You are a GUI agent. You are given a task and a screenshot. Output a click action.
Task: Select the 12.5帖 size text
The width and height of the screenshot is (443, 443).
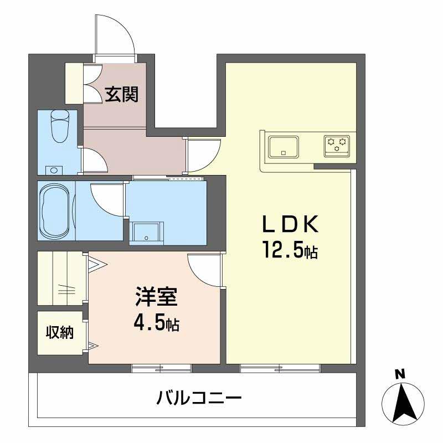click(x=290, y=251)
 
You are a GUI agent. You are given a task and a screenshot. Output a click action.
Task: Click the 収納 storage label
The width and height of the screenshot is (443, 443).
click(x=59, y=333)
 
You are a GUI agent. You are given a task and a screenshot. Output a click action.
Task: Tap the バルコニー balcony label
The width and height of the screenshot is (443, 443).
click(x=198, y=398)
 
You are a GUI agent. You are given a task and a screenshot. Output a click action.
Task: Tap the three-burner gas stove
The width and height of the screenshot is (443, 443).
click(x=337, y=145)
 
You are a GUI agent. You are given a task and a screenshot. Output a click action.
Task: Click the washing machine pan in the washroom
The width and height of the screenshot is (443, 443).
click(x=147, y=232)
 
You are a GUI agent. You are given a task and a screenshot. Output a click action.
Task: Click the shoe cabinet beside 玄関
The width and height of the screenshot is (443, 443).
click(x=74, y=83)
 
